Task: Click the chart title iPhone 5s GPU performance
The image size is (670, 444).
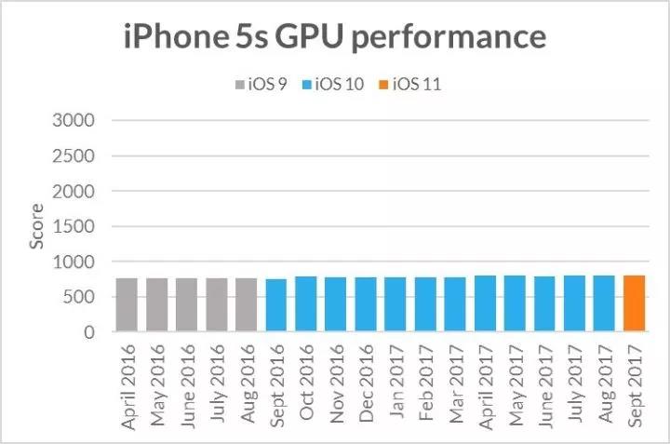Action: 334,37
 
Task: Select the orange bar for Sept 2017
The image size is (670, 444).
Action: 634,303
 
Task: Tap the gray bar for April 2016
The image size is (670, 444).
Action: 127,305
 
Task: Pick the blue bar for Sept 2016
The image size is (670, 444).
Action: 276,305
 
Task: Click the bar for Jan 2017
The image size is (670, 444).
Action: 395,304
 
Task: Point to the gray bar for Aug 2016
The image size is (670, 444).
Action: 247,305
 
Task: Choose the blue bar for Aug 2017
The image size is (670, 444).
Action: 604,303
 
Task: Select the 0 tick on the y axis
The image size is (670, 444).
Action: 89,332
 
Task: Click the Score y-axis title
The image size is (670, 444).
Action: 36,226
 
